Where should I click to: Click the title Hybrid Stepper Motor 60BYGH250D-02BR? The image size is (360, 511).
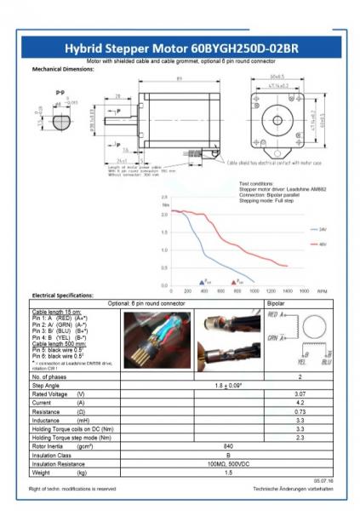click(x=181, y=49)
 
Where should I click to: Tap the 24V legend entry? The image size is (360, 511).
click(x=323, y=230)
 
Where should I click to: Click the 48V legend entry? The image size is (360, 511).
click(x=323, y=244)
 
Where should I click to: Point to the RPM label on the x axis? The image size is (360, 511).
click(x=321, y=290)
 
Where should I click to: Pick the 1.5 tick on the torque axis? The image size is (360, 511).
click(x=165, y=231)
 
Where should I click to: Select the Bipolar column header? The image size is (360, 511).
click(x=277, y=303)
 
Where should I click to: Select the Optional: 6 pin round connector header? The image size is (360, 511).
click(x=146, y=303)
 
